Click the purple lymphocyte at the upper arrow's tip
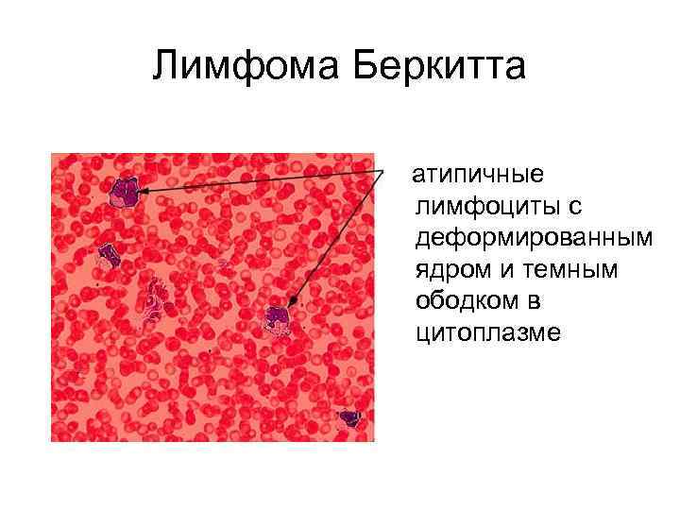tap(124, 192)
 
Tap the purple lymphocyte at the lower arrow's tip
tap(277, 318)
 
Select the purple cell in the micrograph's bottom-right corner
tap(350, 417)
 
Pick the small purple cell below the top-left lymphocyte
tap(110, 254)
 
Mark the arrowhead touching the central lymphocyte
tap(292, 302)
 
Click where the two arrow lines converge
tap(385, 172)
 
